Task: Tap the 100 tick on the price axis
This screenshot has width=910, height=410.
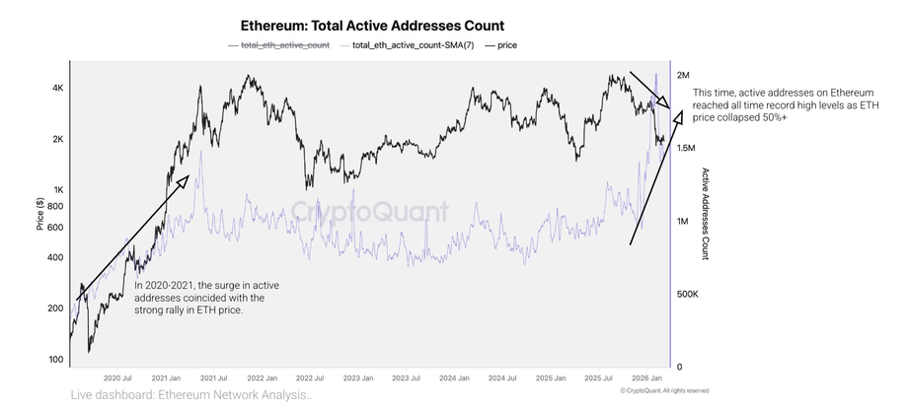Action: click(56, 360)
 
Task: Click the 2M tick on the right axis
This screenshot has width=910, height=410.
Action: click(685, 75)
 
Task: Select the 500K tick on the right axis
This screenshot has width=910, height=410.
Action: click(688, 294)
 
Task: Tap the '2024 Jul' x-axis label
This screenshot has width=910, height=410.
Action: click(503, 376)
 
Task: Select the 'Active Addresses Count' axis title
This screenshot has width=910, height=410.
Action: click(706, 213)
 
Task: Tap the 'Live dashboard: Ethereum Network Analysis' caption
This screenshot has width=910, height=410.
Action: click(191, 395)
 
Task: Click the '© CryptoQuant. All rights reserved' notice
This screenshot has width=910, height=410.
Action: click(663, 390)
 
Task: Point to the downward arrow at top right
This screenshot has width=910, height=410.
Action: click(649, 90)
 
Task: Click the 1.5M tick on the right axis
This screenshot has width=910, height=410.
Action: click(687, 148)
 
